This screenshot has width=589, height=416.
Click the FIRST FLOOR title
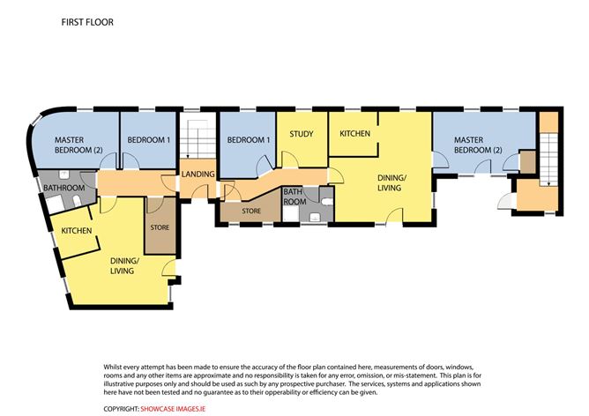[87, 22]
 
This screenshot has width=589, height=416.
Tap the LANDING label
[198, 175]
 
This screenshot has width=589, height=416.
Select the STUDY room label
[302, 134]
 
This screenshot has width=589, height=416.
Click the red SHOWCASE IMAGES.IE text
[173, 409]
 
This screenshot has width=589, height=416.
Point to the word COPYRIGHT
[122, 409]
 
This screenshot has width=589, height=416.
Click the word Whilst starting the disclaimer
[112, 367]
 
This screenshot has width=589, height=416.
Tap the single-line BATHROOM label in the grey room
[63, 188]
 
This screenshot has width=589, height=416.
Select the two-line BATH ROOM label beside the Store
[294, 197]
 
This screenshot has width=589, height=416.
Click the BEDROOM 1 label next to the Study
[249, 140]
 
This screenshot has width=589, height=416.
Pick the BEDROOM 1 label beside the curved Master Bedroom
[149, 140]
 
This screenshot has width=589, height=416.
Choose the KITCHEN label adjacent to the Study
[355, 134]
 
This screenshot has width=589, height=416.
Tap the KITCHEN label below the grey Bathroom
[76, 231]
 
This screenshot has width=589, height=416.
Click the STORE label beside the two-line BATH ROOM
[251, 211]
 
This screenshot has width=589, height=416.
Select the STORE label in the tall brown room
[160, 227]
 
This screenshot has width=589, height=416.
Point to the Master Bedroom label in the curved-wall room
[78, 145]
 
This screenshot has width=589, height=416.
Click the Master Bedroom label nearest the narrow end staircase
[478, 145]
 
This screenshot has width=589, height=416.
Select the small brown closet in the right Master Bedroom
[528, 161]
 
